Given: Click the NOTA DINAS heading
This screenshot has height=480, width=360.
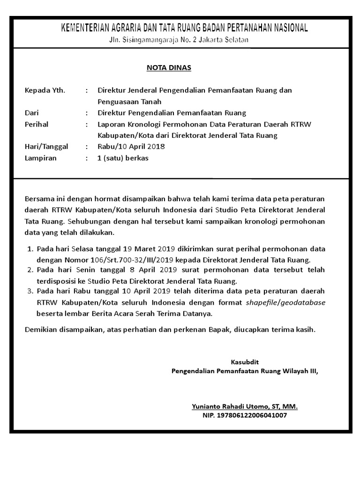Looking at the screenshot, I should pos(169,68).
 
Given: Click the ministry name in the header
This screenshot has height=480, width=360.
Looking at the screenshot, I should pos(185,28).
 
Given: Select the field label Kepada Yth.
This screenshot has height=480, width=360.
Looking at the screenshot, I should pos(45,90).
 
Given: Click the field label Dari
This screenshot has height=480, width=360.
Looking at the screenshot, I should pos(31,113).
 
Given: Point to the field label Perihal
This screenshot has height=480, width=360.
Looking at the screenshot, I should pos(36,124).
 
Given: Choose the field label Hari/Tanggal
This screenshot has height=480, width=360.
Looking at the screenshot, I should pos(46,147).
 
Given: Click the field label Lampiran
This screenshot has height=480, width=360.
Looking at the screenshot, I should pos(40,158).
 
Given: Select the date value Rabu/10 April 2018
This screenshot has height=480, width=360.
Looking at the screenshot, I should pos(131,147).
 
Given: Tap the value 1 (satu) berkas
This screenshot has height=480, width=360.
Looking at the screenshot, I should pos(122,158).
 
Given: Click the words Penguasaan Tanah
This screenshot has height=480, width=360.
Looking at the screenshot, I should pos(129,101).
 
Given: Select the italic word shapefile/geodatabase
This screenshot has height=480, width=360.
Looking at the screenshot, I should pos(286,302).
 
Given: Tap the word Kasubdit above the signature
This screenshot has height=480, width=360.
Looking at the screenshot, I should pos(245,362).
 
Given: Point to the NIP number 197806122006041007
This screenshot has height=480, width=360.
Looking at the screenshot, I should pos(244,415).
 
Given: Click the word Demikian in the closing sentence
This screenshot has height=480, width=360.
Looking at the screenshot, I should pos(41,330).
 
